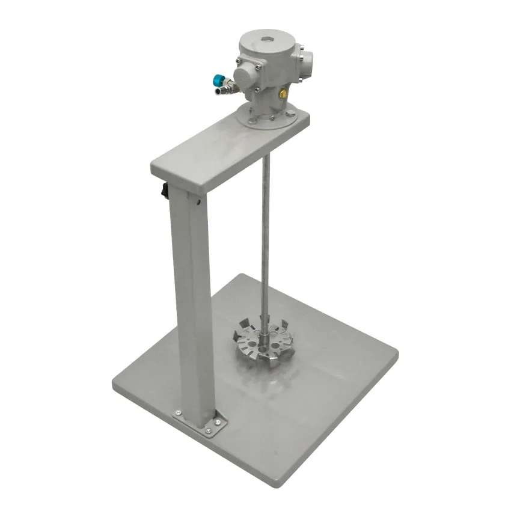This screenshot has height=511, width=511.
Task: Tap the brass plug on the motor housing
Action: point(281,93)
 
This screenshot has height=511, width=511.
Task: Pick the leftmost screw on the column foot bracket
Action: point(178,412)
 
